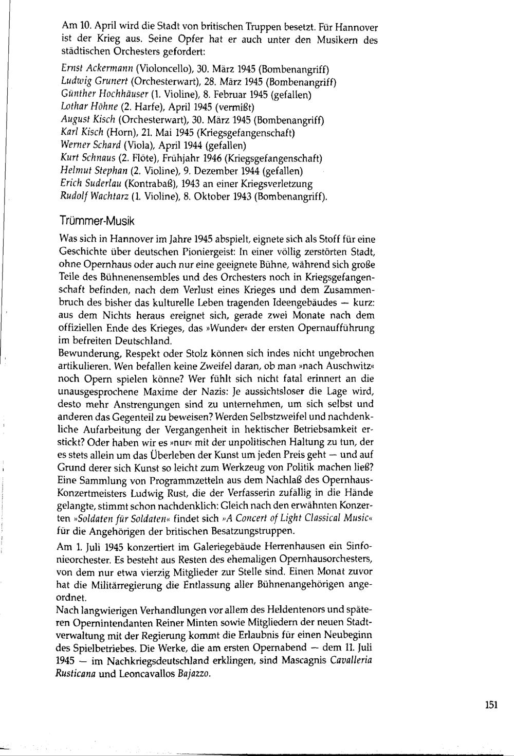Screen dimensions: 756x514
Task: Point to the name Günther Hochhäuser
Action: tap(101, 95)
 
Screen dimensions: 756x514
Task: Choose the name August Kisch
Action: tap(86, 120)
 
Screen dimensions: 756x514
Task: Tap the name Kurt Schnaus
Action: tap(87, 158)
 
